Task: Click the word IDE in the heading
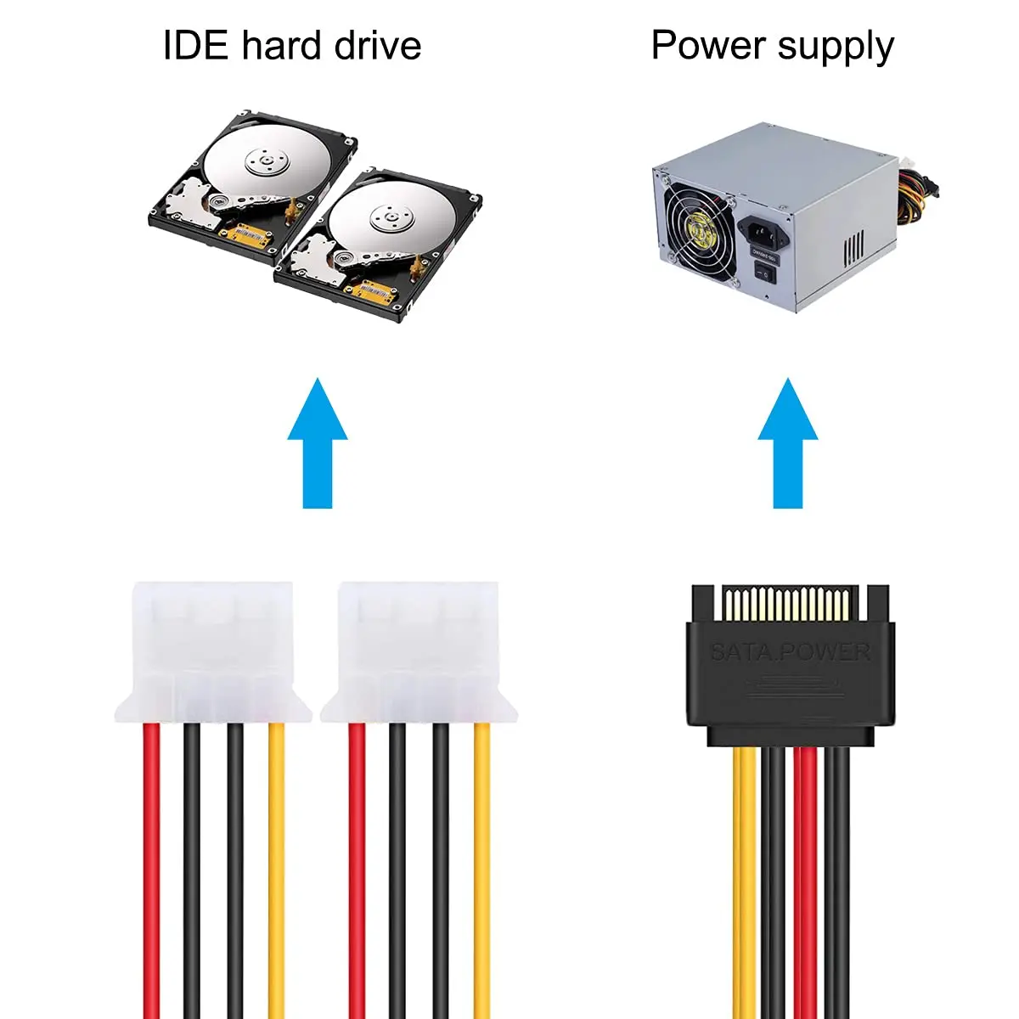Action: click(194, 45)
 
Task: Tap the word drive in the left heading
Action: click(377, 45)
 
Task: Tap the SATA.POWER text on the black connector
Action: click(790, 652)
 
